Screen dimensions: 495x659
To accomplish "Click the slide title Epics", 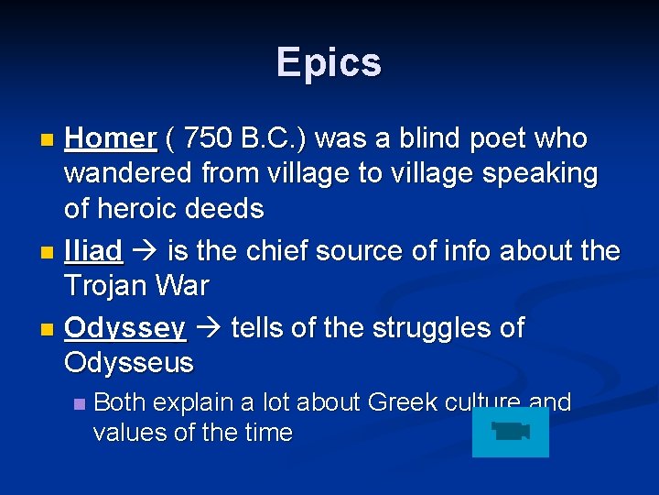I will [x=329, y=62].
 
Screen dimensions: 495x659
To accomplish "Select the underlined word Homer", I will [x=111, y=138].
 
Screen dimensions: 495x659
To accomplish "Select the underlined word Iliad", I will [x=93, y=251].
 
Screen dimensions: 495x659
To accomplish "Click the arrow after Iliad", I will [x=142, y=251].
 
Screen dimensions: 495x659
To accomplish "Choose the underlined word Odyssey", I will [x=125, y=327].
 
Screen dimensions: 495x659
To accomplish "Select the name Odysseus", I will [x=129, y=363].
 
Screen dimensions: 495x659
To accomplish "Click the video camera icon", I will [x=511, y=432].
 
